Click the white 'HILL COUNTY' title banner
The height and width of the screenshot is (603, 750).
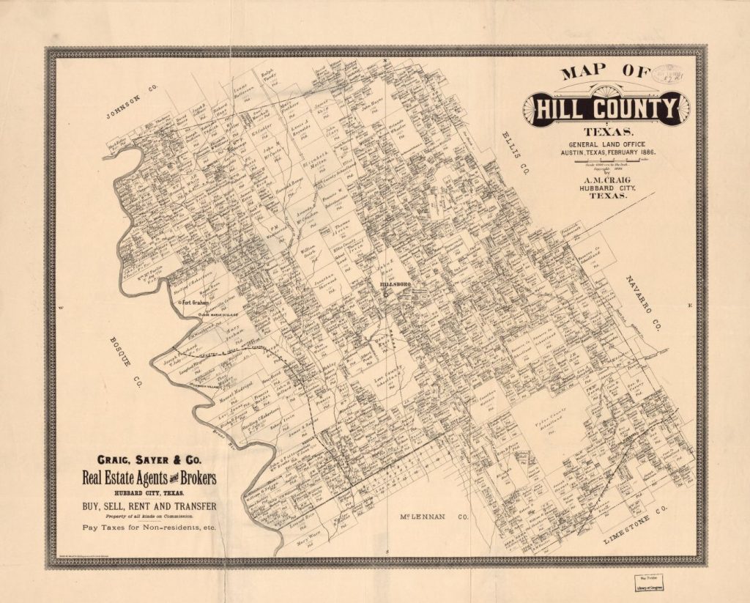(x=606, y=110)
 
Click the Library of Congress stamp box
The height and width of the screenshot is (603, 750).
(x=645, y=582)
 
